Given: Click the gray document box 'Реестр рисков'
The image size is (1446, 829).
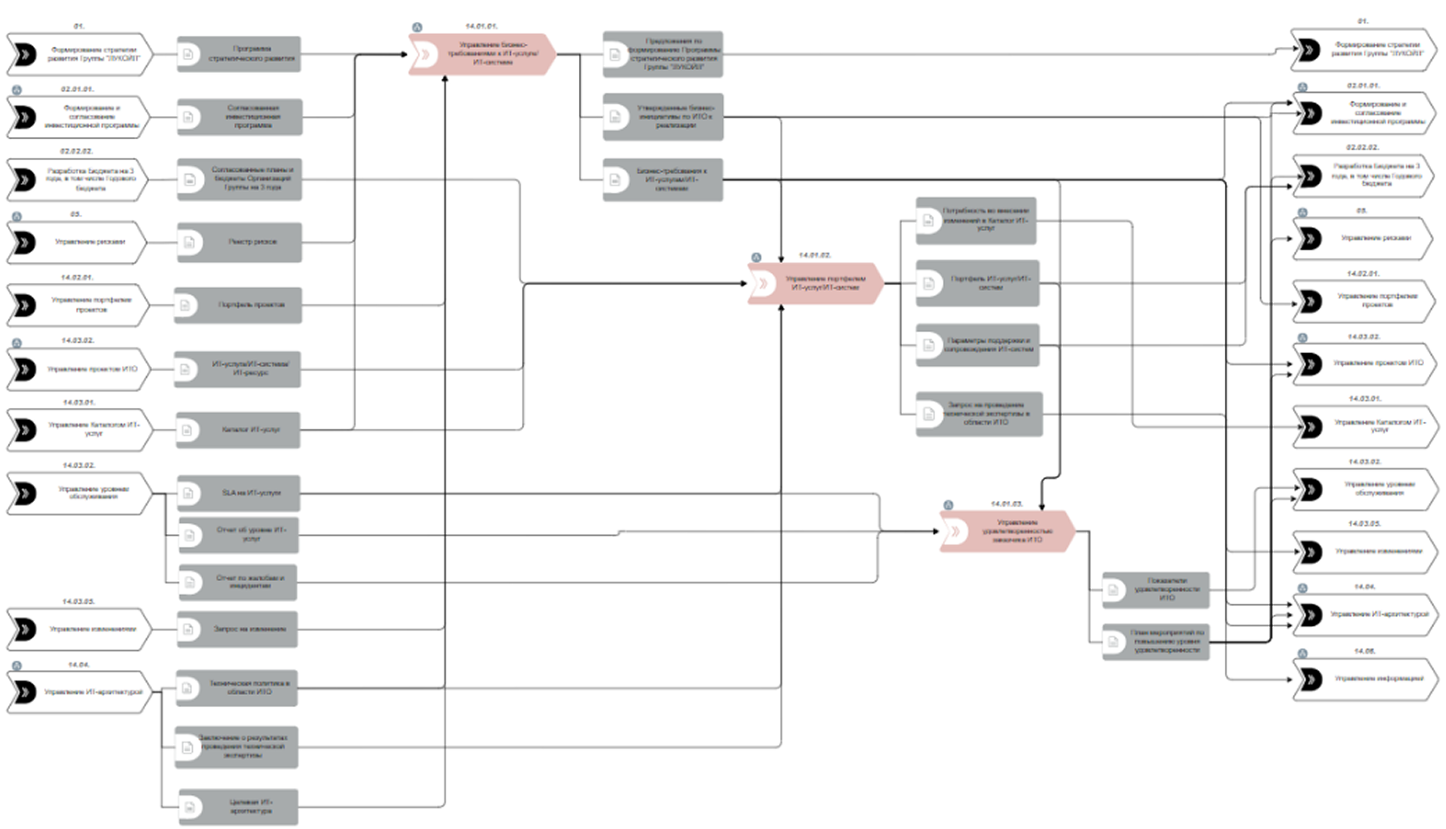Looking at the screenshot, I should point(239,242).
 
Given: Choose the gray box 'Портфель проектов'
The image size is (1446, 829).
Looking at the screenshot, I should point(238,305).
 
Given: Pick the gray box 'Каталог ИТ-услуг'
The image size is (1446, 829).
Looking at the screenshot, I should point(238,430).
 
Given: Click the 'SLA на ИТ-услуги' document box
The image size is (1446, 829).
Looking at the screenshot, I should point(238,493).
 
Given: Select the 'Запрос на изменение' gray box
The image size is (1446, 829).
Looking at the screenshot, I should point(238,629).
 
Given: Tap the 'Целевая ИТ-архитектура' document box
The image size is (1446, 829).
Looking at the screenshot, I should point(238,807).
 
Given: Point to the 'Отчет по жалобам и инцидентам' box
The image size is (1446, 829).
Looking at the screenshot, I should point(238,582).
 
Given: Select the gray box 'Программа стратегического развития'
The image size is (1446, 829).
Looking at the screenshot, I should point(239,54).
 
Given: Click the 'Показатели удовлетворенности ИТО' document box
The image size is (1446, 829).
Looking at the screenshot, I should point(1156,590).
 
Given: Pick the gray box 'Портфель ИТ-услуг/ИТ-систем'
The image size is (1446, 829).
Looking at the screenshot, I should point(977,283).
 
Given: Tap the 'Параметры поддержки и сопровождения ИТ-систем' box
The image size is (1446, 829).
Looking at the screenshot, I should point(977,345).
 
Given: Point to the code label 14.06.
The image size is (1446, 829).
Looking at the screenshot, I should point(1365,651).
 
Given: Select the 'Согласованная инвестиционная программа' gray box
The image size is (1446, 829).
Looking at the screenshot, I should point(240,117).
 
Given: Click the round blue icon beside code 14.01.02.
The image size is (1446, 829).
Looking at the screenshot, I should point(756,257).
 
